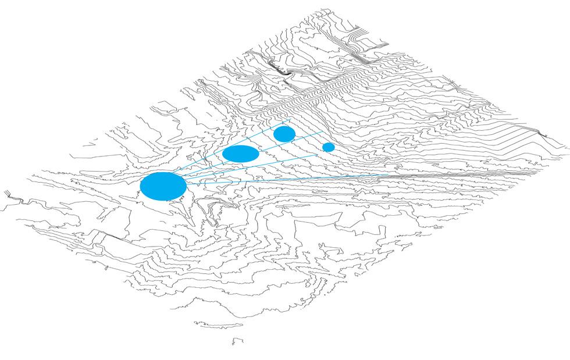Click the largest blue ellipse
coord(163,186)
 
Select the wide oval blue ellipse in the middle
coord(240,154)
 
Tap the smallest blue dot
coord(329,147)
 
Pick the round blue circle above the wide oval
coord(284,134)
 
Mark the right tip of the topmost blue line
coord(290,119)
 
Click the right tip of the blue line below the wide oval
coord(316,154)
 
